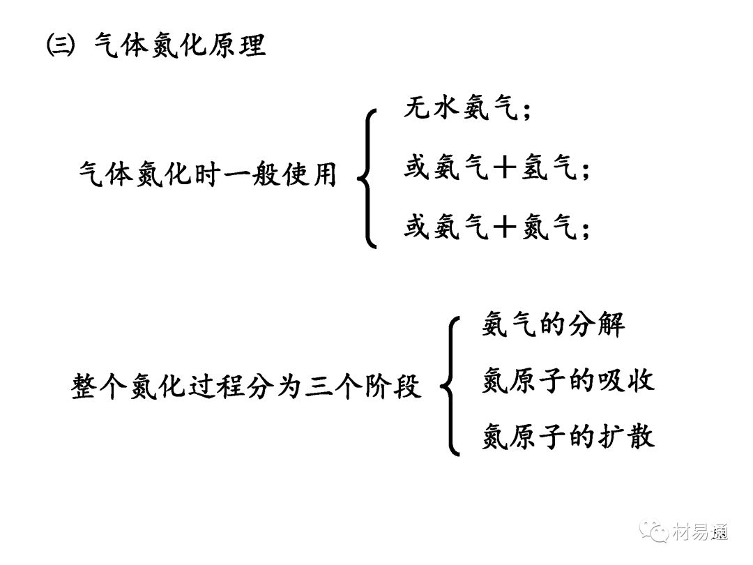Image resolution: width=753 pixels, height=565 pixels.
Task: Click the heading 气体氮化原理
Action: [x=179, y=46]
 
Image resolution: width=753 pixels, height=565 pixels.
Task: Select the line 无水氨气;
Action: [x=467, y=110]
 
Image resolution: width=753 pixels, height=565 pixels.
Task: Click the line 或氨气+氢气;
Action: [x=496, y=169]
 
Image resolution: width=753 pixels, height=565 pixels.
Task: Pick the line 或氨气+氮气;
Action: [x=496, y=228]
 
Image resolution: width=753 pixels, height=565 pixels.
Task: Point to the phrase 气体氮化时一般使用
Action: [x=208, y=174]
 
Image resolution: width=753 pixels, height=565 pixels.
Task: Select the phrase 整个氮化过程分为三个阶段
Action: [x=247, y=386]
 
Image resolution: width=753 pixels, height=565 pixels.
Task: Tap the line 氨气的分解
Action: [x=553, y=325]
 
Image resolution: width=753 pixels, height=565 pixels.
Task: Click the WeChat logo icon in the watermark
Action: [x=656, y=532]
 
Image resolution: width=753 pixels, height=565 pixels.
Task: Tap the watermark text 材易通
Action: [x=701, y=532]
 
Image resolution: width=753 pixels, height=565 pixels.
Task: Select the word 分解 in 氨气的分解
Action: [x=597, y=325]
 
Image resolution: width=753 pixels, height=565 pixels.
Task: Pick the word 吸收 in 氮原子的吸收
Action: [x=627, y=381]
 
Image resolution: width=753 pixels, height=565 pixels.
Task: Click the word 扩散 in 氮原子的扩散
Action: [x=627, y=437]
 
